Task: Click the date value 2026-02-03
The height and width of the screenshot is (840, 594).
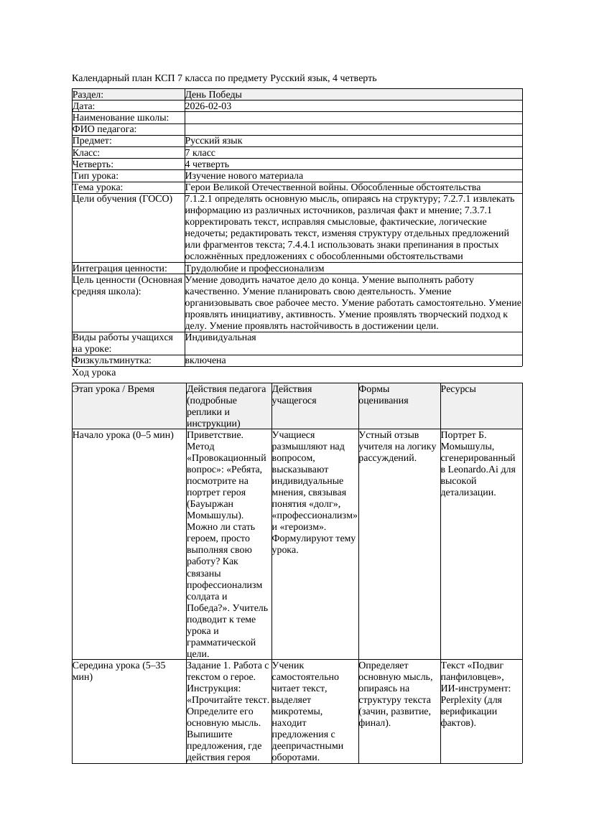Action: tap(208, 106)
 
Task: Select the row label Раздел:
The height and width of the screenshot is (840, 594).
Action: tap(88, 95)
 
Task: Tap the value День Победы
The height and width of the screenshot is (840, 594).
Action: tap(213, 95)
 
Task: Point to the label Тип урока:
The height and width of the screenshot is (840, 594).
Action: tap(96, 176)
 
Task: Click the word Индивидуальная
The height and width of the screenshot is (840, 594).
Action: tap(221, 337)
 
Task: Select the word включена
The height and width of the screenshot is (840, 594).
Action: tap(205, 360)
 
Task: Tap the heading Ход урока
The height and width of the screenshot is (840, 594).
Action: tap(94, 373)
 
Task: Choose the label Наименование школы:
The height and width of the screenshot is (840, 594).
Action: tap(121, 118)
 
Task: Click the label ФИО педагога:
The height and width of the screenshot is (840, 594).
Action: tap(105, 129)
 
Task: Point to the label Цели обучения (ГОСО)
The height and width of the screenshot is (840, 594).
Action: tap(123, 199)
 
